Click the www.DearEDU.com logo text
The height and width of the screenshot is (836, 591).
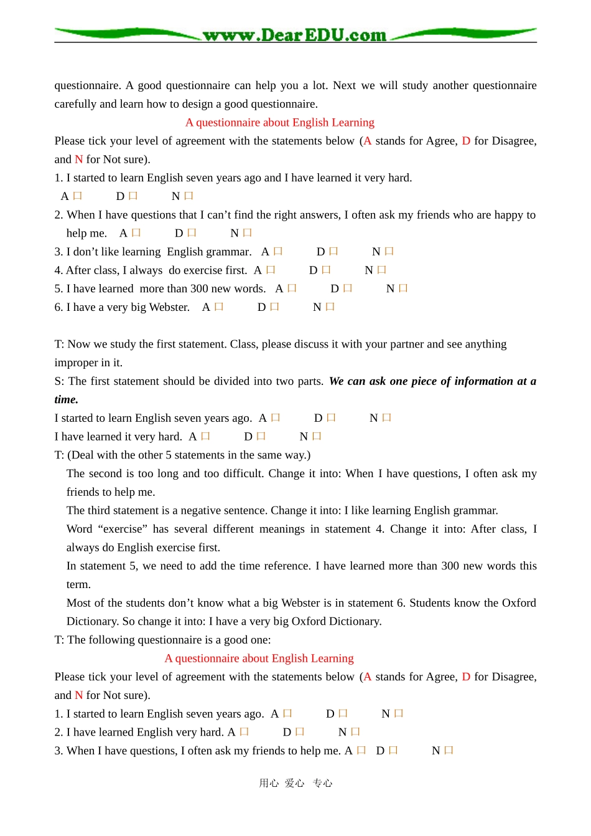pos(294,35)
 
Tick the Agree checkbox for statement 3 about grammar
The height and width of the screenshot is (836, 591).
pos(278,252)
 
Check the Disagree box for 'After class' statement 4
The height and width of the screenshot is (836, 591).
pos(326,270)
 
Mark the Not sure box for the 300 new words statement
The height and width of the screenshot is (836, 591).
pos(403,288)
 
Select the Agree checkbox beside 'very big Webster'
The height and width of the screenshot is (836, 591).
pos(218,307)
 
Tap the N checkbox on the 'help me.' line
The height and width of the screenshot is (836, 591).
pos(247,233)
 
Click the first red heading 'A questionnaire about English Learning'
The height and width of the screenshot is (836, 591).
pos(280,123)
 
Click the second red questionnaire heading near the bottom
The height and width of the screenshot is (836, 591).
pos(259,658)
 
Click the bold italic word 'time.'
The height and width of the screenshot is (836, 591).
pos(67,400)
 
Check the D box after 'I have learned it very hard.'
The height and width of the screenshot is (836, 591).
pos(261,437)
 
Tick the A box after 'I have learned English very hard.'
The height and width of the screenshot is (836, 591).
pos(244,732)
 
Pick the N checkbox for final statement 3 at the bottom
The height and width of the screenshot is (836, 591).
pos(449,751)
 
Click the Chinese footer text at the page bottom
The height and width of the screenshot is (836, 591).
pos(295,783)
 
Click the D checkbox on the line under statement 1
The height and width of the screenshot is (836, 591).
pos(133,196)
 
